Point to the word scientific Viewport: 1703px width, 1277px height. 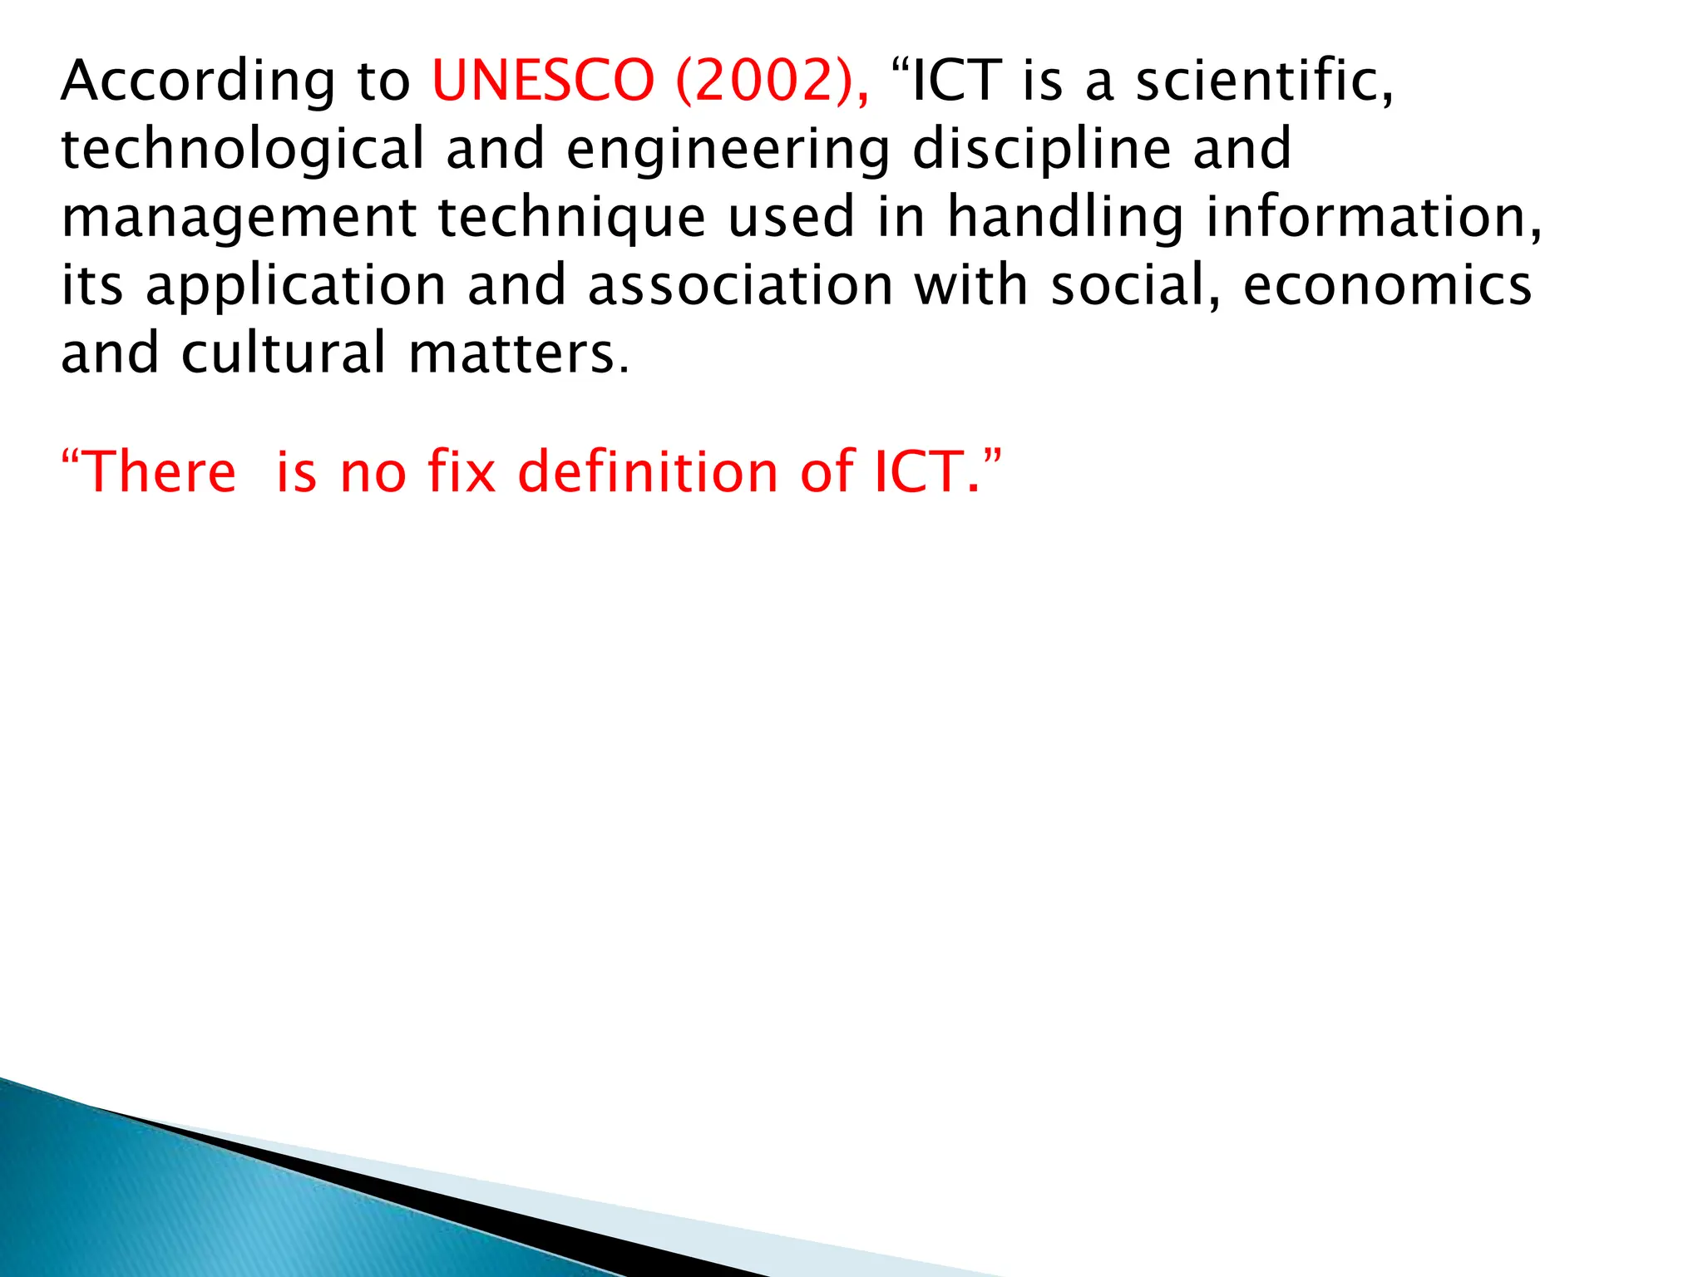pos(1264,81)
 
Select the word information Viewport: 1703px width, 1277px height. pos(1373,218)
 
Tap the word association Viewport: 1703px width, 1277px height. pos(740,286)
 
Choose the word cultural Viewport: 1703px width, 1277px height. pos(284,353)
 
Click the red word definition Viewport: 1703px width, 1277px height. pos(649,472)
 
